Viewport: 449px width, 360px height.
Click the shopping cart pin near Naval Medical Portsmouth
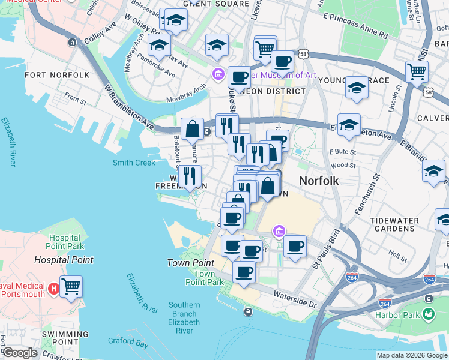point(71,286)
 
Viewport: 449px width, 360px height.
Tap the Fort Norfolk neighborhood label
point(57,75)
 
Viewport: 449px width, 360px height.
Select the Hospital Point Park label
point(65,242)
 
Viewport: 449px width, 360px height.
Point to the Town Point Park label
point(200,278)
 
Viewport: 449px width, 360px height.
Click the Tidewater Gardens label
point(394,225)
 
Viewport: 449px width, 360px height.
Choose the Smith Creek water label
point(134,163)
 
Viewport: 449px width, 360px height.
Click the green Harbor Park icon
point(428,313)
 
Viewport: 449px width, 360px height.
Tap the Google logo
point(20,353)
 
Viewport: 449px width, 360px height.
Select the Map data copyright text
point(412,355)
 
